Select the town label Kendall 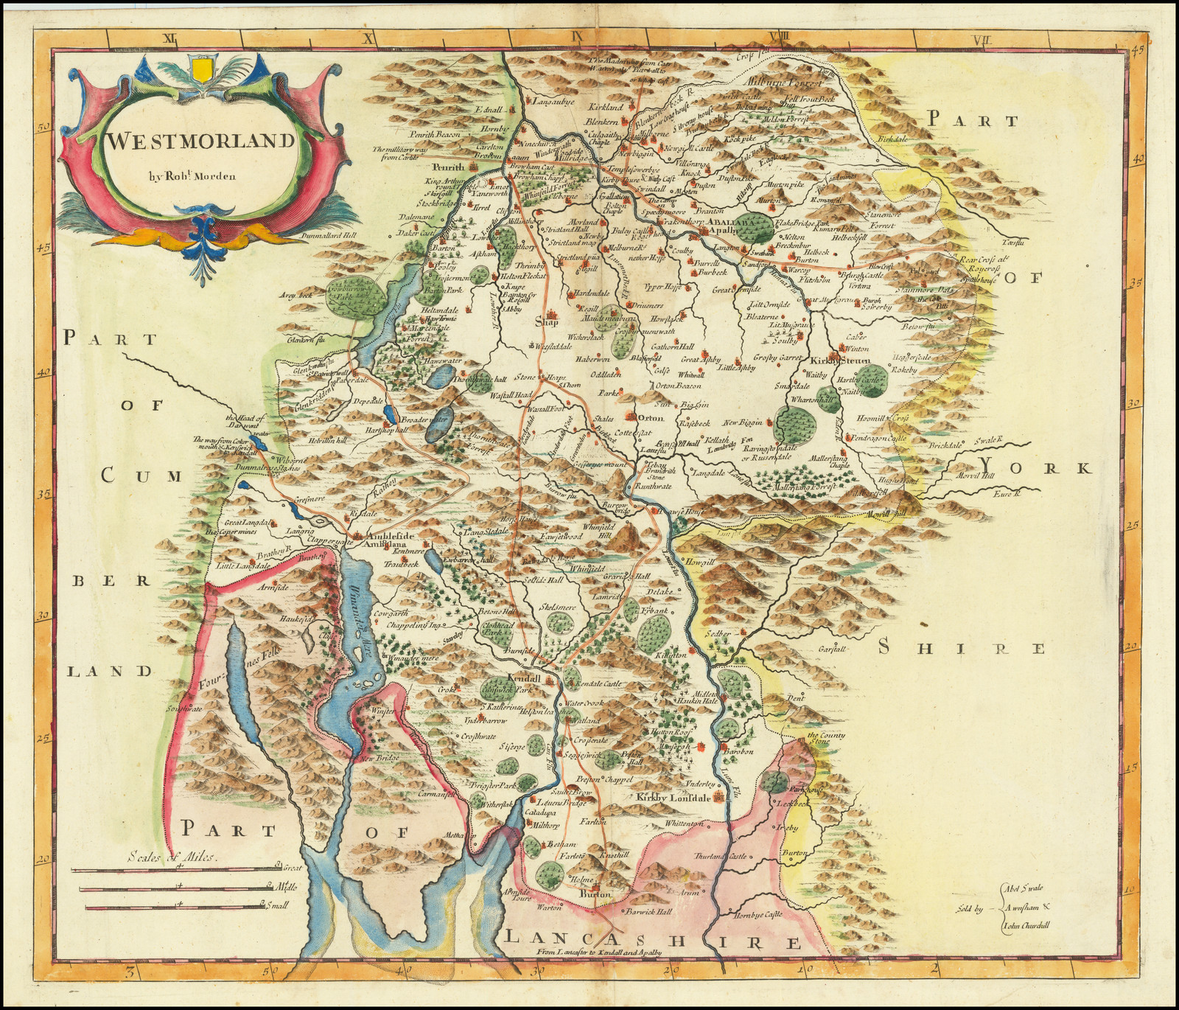(x=525, y=676)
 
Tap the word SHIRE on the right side (x=965, y=649)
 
